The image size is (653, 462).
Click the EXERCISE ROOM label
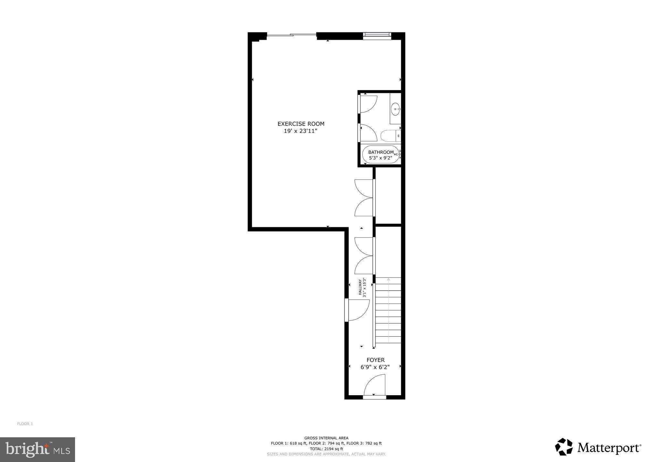pyautogui.click(x=301, y=124)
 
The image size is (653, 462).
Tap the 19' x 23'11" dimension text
pyautogui.click(x=301, y=131)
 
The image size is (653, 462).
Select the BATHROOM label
pyautogui.click(x=381, y=152)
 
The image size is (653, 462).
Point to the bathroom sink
pyautogui.click(x=395, y=109)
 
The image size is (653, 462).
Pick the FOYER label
pyautogui.click(x=375, y=360)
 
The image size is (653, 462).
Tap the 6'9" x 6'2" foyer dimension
pyautogui.click(x=375, y=367)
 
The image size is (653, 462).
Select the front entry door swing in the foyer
pyautogui.click(x=375, y=386)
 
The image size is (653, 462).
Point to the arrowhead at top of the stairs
pyautogui.click(x=388, y=279)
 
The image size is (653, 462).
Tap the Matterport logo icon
pyautogui.click(x=564, y=447)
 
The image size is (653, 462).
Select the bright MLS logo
pyautogui.click(x=38, y=449)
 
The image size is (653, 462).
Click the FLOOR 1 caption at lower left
pyautogui.click(x=25, y=424)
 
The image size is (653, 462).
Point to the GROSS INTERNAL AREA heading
pyautogui.click(x=326, y=438)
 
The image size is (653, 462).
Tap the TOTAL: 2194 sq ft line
pyautogui.click(x=326, y=449)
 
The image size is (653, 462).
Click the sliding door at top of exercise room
pyautogui.click(x=292, y=35)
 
